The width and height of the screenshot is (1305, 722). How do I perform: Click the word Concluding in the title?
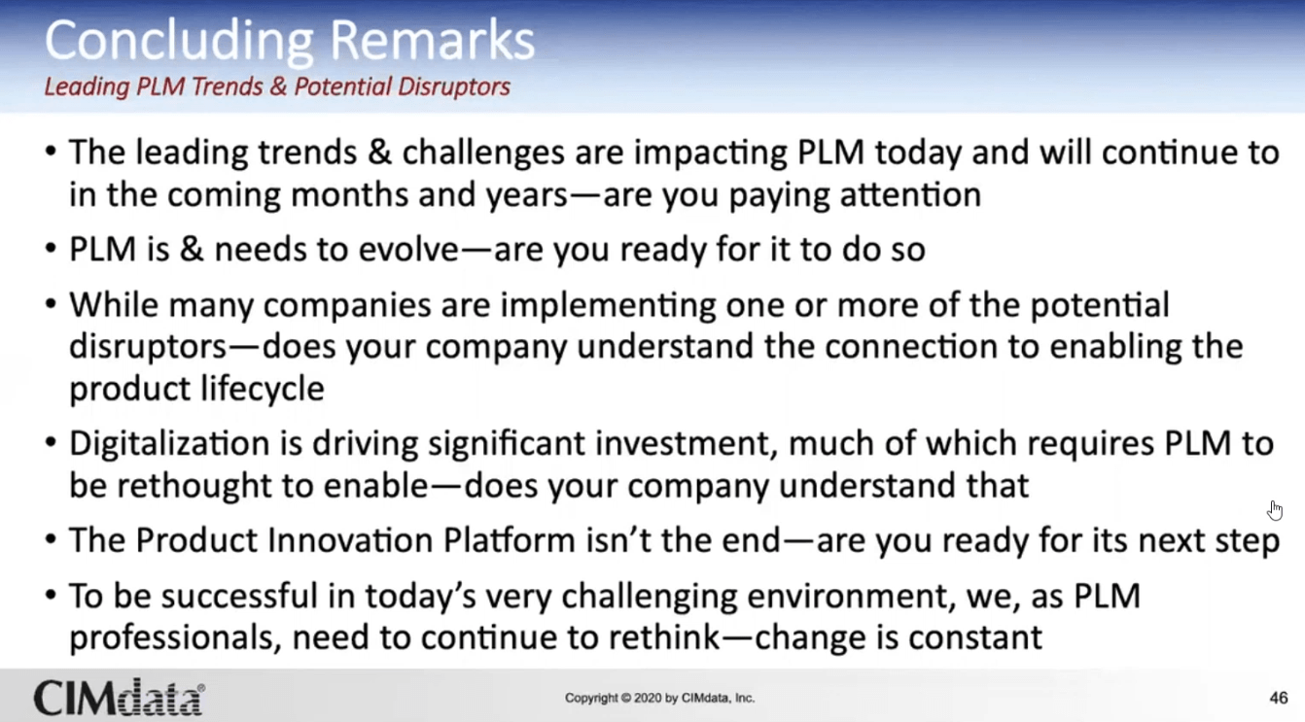(x=179, y=42)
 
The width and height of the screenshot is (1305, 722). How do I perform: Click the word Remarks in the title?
(x=432, y=40)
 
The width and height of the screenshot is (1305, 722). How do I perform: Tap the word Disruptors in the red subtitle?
(x=454, y=87)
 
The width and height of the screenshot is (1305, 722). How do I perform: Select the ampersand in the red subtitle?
(x=278, y=86)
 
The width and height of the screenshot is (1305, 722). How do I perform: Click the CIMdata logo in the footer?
(x=120, y=697)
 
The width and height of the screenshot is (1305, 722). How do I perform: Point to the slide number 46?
(x=1278, y=698)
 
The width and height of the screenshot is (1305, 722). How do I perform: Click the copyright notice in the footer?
(x=659, y=698)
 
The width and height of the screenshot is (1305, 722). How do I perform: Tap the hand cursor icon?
(x=1275, y=510)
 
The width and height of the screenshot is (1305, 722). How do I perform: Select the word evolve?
(x=408, y=250)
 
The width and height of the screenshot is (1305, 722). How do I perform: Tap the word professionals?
(x=171, y=638)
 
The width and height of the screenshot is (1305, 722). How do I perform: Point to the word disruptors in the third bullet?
(x=148, y=348)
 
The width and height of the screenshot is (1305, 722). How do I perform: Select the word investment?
(x=687, y=445)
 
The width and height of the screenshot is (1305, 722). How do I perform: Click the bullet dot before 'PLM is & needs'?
(x=52, y=249)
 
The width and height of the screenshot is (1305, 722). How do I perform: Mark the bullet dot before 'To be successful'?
(x=52, y=595)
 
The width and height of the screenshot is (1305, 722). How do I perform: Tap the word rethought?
(x=194, y=486)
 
